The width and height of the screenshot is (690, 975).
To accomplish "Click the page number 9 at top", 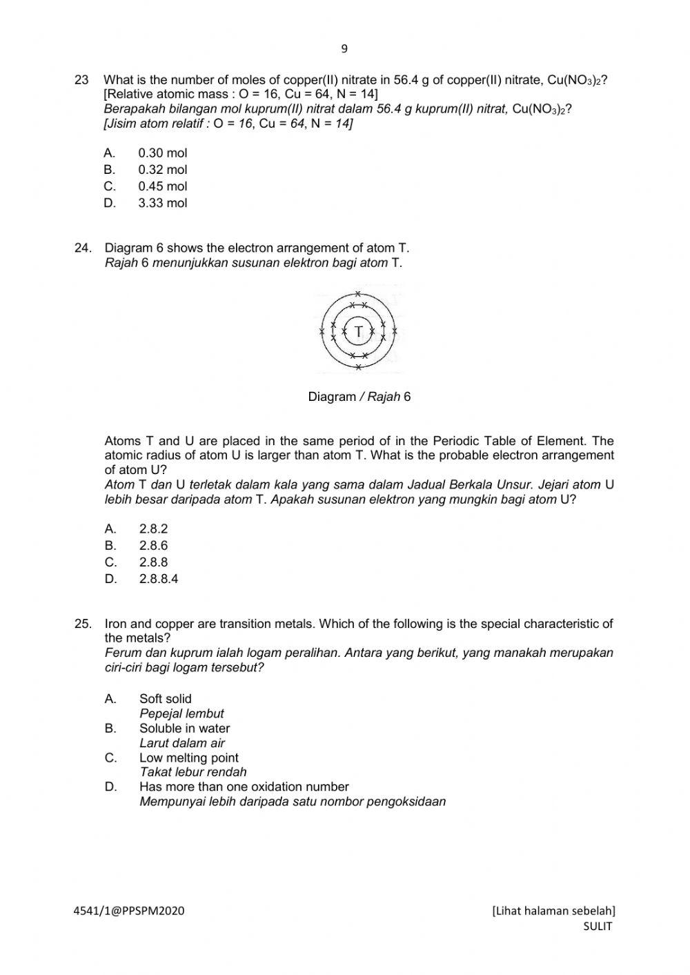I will [x=344, y=49].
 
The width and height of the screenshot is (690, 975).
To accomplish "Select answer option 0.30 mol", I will [x=162, y=153].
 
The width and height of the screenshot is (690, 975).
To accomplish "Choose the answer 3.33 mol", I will [x=162, y=203].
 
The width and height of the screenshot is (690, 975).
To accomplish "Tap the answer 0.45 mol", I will [x=162, y=186].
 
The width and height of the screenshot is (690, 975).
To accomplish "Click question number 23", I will [x=81, y=80].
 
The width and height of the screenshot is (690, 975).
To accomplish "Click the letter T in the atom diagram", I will [x=358, y=332].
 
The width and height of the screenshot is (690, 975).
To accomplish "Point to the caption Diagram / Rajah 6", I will [x=359, y=397].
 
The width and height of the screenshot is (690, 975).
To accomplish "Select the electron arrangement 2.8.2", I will [x=153, y=529].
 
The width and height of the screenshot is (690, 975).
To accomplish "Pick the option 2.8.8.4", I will [x=158, y=579].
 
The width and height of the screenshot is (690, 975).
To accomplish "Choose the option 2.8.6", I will [x=153, y=546].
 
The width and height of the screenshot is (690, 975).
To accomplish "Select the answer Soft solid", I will [x=166, y=699].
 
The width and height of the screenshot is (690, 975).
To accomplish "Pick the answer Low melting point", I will [x=188, y=758].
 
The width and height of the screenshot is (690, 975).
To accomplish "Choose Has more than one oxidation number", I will [x=244, y=787].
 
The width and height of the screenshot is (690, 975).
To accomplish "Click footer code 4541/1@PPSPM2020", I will [x=129, y=911].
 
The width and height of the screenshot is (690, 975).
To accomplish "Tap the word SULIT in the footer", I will [x=597, y=926].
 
